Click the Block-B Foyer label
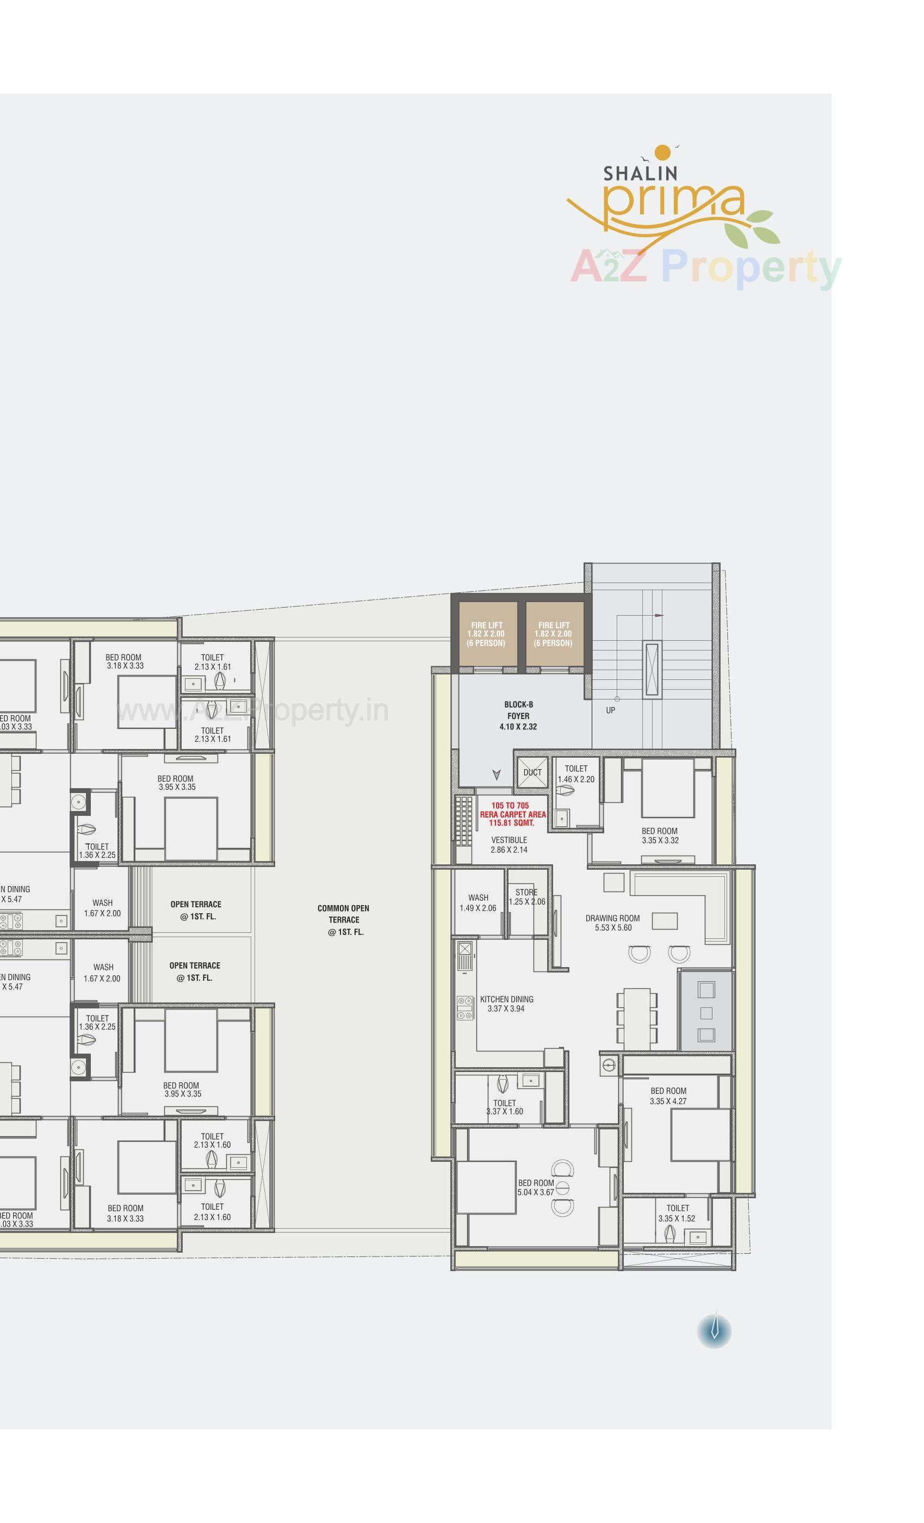[518, 715]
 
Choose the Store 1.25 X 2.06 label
[526, 897]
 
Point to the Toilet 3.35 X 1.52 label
[677, 1214]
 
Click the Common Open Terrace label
[343, 920]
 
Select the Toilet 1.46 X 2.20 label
[575, 774]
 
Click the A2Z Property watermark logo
[705, 267]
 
